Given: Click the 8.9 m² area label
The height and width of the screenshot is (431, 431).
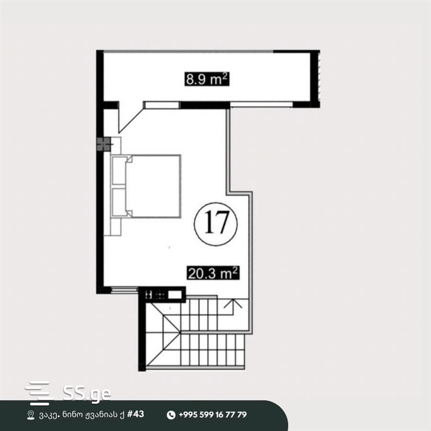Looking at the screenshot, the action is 207,79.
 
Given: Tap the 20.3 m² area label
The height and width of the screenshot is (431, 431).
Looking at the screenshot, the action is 213,273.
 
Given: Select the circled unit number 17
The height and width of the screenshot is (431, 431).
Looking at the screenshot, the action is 216,223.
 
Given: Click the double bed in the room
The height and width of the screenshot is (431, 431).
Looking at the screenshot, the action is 146,186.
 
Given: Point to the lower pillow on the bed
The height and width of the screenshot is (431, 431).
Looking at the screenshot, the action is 119,202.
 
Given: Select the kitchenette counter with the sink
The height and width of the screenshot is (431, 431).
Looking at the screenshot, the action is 162,295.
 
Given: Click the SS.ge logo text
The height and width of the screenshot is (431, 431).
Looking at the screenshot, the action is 87,394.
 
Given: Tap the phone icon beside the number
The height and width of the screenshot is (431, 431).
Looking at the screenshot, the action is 171,415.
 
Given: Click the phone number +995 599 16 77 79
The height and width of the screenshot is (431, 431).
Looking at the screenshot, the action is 213,415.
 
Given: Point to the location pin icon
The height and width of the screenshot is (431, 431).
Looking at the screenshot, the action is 31,415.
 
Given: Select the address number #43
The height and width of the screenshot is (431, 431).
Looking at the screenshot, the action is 136,414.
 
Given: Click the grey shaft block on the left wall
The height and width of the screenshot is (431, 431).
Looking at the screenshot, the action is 103,144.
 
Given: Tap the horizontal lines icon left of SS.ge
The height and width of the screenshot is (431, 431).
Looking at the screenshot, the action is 38,393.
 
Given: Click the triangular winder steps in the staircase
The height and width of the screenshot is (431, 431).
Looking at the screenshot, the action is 163,333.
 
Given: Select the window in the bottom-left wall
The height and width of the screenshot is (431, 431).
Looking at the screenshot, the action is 125,289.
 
